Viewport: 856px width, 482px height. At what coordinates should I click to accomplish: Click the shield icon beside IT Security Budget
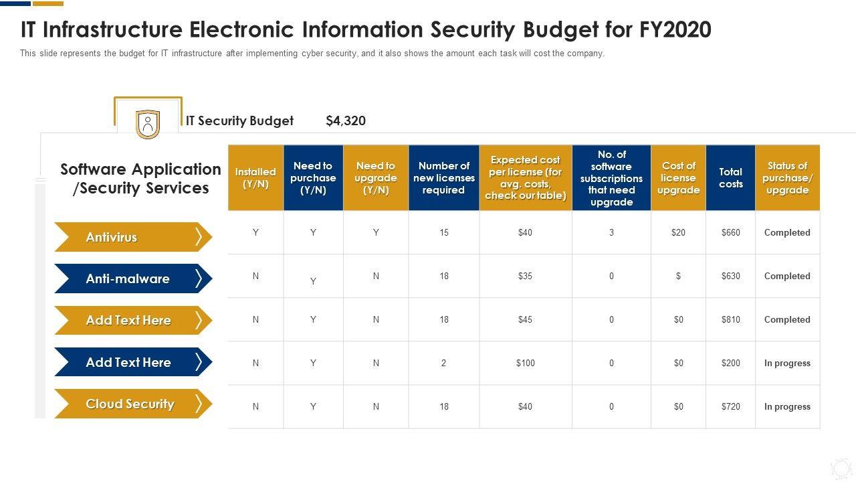148,125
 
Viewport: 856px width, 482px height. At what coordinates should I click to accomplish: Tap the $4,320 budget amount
346,121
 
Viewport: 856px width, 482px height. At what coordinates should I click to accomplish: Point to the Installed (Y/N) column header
255,178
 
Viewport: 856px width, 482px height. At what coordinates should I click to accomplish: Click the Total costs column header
730,178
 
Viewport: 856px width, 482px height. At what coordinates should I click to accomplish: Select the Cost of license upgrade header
678,178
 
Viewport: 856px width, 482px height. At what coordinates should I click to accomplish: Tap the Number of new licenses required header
444,178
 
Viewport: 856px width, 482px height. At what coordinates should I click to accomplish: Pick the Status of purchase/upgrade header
787,178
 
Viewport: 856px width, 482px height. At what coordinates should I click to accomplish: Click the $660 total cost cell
730,232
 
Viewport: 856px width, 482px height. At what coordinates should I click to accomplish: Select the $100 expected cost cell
525,363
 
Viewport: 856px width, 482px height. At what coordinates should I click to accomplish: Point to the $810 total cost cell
730,319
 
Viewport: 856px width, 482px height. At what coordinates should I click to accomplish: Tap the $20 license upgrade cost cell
678,232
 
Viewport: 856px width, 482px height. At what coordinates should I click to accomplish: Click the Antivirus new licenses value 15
444,232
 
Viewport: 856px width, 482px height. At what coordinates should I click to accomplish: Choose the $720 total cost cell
730,406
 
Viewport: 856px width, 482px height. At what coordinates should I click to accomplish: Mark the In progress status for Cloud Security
787,406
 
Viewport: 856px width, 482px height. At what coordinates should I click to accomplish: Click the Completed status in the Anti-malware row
787,276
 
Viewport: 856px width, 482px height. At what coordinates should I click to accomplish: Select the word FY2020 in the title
675,29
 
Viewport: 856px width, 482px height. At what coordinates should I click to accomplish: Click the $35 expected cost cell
525,276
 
